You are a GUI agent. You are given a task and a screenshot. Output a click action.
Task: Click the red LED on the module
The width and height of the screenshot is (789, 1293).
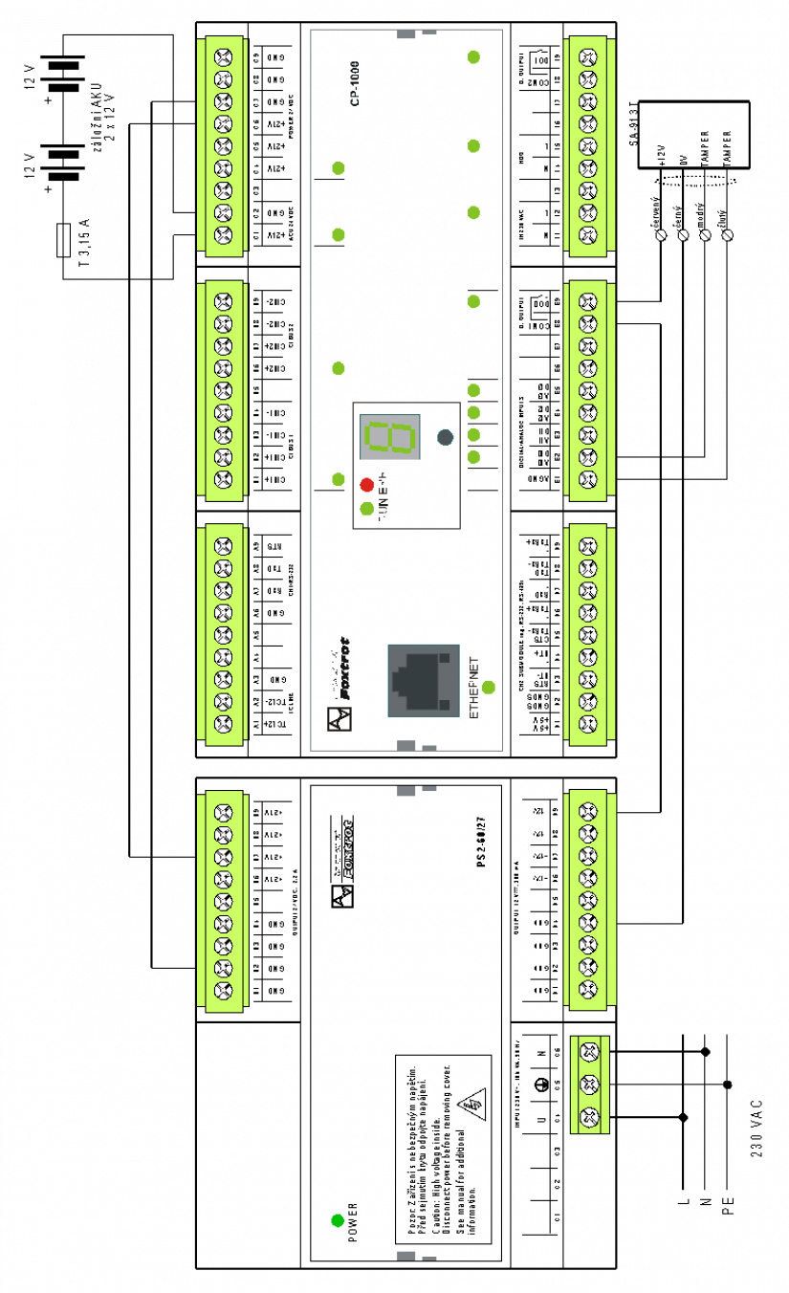pos(366,485)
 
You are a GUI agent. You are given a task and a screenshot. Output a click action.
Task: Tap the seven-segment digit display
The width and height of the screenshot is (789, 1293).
pos(390,437)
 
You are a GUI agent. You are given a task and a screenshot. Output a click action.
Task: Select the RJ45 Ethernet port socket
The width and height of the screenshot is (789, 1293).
pos(424,680)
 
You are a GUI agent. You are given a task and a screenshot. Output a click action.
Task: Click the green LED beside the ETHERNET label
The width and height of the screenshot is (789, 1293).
pos(488,687)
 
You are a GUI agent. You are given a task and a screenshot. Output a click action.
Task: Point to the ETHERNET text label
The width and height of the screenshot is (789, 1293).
pos(474,687)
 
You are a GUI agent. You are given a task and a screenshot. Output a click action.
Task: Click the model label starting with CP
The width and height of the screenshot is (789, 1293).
pos(355,83)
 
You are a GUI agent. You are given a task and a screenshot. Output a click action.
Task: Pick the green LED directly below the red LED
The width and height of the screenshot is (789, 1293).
pos(366,508)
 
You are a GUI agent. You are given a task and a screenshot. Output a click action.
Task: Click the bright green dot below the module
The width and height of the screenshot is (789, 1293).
pos(338,1220)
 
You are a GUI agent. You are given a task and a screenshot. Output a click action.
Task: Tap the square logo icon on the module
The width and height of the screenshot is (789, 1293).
pos(340,718)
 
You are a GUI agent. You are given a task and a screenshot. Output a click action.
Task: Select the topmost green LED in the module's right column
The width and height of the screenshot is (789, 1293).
pos(473,57)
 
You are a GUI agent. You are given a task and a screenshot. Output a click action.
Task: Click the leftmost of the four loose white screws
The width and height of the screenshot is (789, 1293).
pos(661,235)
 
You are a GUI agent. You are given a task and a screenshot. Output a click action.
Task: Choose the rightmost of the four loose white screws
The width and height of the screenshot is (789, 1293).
pos(728,235)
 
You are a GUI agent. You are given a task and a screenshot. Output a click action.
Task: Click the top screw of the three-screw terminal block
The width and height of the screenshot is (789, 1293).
pos(589,1052)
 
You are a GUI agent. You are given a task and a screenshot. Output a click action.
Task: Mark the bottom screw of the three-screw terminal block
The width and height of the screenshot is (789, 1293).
pos(589,1117)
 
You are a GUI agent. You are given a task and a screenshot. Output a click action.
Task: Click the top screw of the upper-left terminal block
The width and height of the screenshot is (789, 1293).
pos(223,57)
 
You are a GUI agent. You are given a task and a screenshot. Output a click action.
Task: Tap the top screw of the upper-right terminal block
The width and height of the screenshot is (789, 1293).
pos(588,57)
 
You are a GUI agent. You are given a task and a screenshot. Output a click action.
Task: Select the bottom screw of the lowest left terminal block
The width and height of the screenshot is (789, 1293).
pos(223,991)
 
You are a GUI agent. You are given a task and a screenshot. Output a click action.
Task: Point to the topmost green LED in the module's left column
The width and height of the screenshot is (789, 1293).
pos(339,168)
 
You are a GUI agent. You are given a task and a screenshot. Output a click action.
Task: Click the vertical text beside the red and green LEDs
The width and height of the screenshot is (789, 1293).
pos(383,495)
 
